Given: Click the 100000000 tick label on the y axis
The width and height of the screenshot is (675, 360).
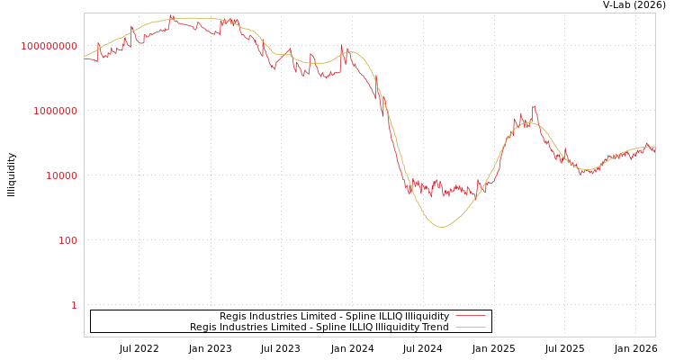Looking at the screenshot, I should pos(49,46).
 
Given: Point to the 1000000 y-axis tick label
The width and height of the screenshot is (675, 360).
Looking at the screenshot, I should pos(55,111).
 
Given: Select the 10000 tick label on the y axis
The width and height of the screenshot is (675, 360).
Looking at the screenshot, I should pos(61,175).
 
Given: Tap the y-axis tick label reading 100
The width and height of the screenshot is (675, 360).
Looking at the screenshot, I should pos(67,240).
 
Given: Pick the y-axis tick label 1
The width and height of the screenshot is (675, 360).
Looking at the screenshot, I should pos(74,305).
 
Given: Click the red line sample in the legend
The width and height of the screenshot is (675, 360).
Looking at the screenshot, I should pos(470,316).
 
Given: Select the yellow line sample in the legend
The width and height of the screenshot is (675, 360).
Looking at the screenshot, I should pos(470,327).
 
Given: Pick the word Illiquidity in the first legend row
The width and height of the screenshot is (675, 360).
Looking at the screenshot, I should pos(427,316).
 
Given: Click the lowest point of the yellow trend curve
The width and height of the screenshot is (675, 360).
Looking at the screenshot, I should pos(441,227).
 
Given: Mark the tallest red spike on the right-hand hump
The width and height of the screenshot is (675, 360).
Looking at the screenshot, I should pos(534,106).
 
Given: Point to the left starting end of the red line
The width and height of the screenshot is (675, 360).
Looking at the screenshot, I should pos(85,59).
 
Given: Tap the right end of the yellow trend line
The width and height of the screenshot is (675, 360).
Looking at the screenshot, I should pos(654,147).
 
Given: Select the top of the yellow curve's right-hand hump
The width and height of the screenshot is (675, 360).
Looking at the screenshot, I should pos(528,122).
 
